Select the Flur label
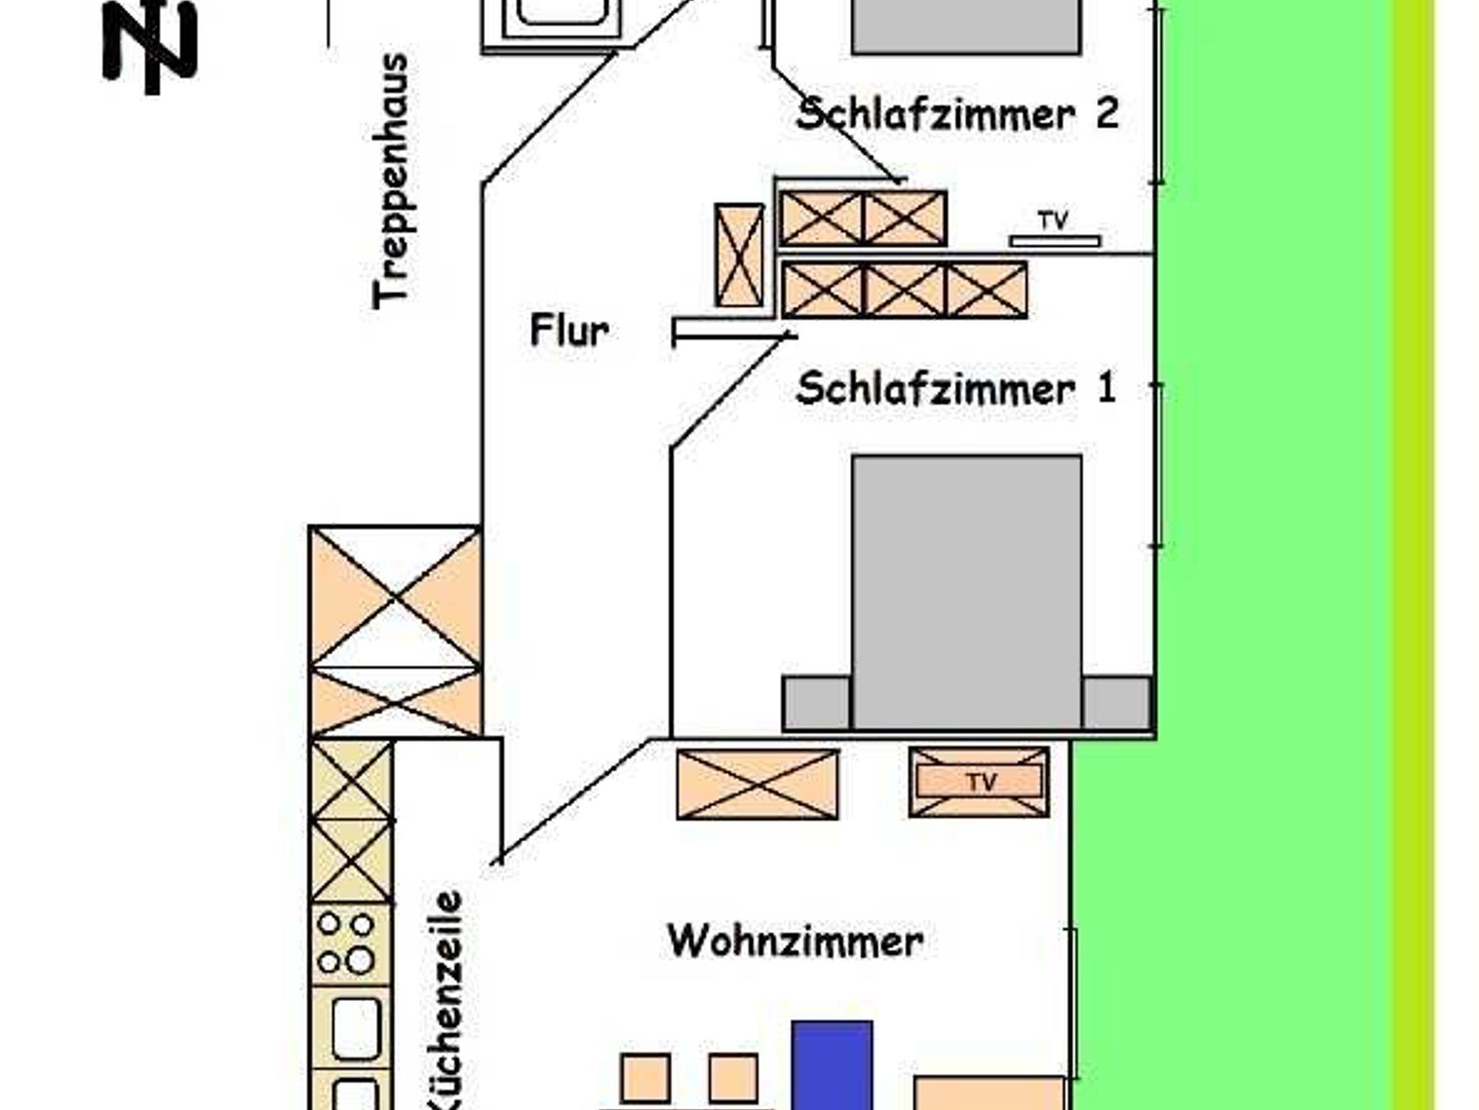tap(569, 331)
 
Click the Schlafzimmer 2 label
tap(957, 114)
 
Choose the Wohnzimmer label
tap(795, 941)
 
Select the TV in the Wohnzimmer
tap(979, 782)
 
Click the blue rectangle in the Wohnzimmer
tap(832, 1065)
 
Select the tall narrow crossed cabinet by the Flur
tap(739, 255)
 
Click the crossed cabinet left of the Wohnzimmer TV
tap(758, 784)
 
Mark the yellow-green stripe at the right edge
tap(1413, 555)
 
